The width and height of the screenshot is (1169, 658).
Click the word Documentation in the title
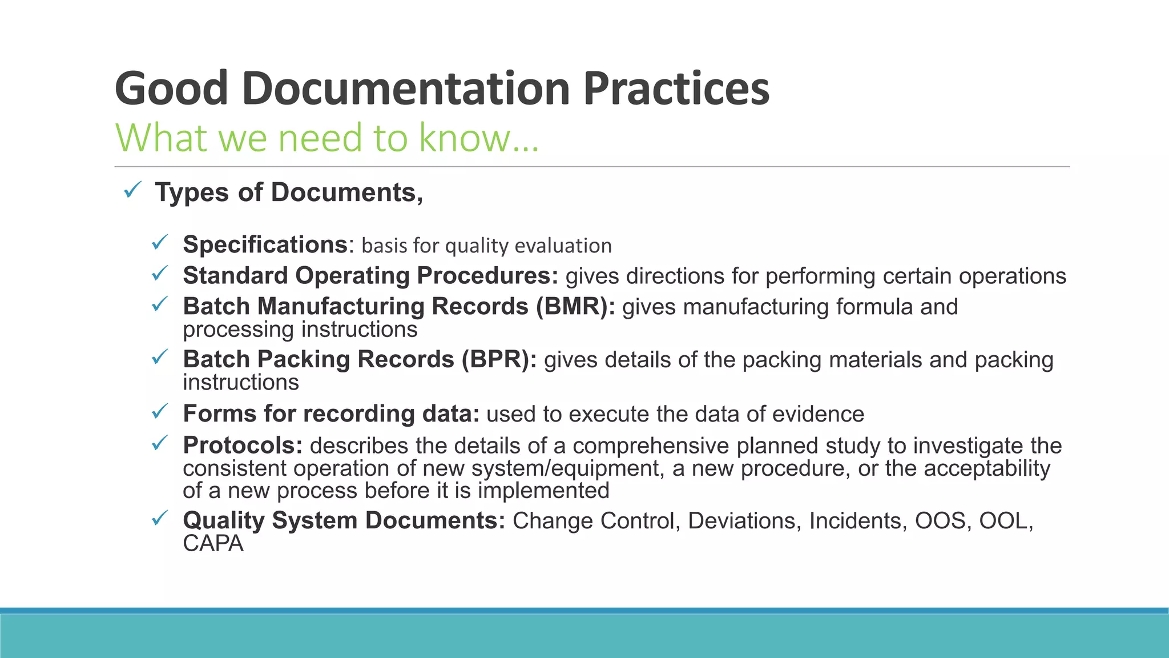(x=406, y=89)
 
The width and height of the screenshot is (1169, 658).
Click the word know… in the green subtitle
(x=478, y=138)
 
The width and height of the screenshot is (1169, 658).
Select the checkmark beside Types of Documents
(x=132, y=190)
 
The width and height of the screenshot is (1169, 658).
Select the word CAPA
(x=213, y=543)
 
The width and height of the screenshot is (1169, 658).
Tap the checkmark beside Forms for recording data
(x=159, y=411)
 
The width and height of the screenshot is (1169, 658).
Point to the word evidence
(x=818, y=414)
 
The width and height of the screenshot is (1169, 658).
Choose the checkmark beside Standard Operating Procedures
(x=159, y=274)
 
